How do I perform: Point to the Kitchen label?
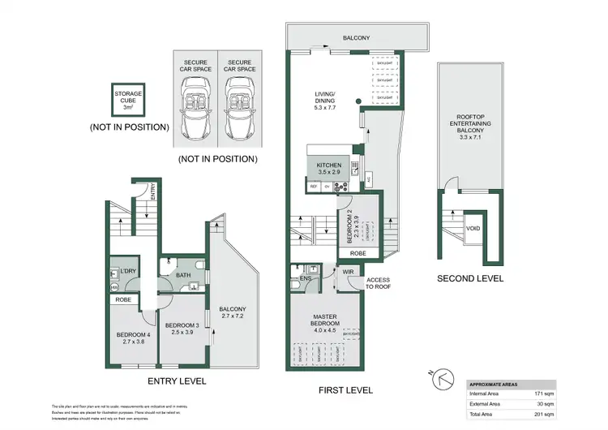pos(329,168)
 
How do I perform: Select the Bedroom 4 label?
pos(132,338)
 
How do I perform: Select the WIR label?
pos(349,271)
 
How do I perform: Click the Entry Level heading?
pos(177,381)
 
